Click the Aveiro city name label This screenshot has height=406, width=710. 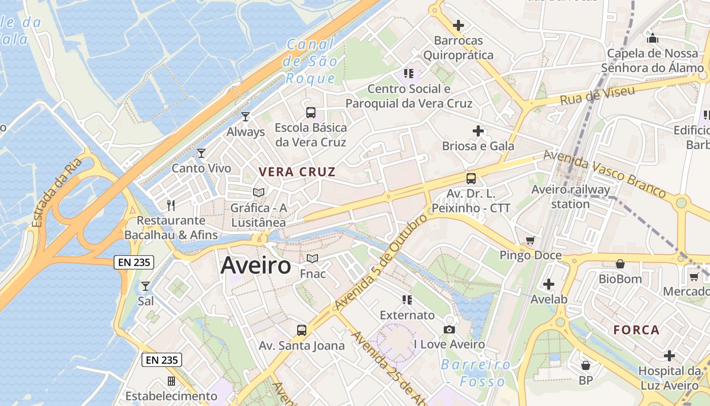tap(256, 265)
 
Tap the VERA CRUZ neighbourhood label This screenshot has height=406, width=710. tap(297, 172)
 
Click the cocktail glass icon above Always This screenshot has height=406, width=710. tap(245, 117)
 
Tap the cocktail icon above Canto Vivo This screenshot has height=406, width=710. tap(201, 153)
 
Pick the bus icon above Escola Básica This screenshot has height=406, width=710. tap(310, 112)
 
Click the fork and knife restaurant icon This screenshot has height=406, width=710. tap(171, 205)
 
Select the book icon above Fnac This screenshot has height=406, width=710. tap(312, 259)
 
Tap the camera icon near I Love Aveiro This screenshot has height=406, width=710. tap(449, 330)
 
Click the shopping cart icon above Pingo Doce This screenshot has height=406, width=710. tap(530, 240)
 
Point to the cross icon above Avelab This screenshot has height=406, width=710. tap(548, 284)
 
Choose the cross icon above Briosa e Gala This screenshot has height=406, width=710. tap(478, 131)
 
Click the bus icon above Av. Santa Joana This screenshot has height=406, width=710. tap(302, 330)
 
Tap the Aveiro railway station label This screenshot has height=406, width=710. tap(571, 197)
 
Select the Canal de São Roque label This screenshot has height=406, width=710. tap(311, 61)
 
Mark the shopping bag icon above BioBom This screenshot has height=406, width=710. tap(620, 264)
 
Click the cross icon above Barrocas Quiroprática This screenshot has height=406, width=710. tap(458, 25)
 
